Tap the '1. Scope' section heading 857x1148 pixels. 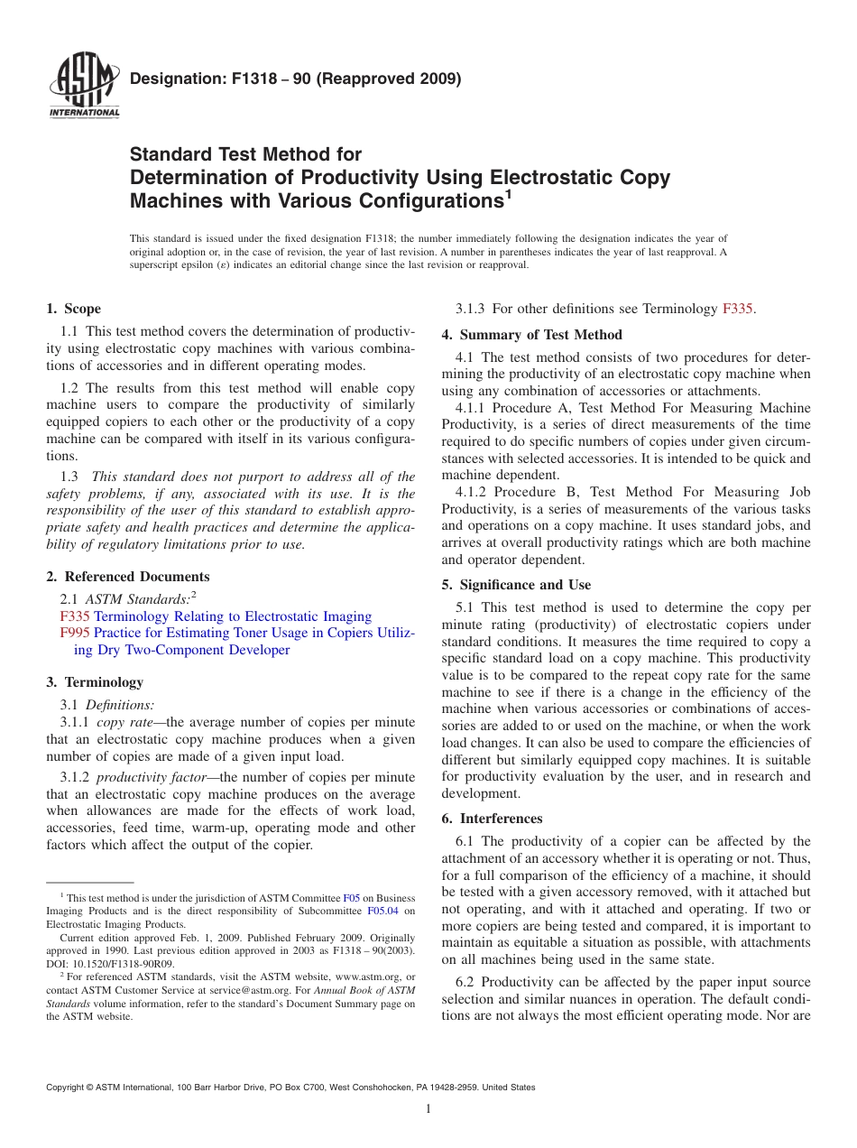74,309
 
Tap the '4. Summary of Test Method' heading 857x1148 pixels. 531,335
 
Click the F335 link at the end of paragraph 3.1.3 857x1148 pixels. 738,309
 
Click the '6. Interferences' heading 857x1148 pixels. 492,819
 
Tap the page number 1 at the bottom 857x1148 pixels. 428,1109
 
